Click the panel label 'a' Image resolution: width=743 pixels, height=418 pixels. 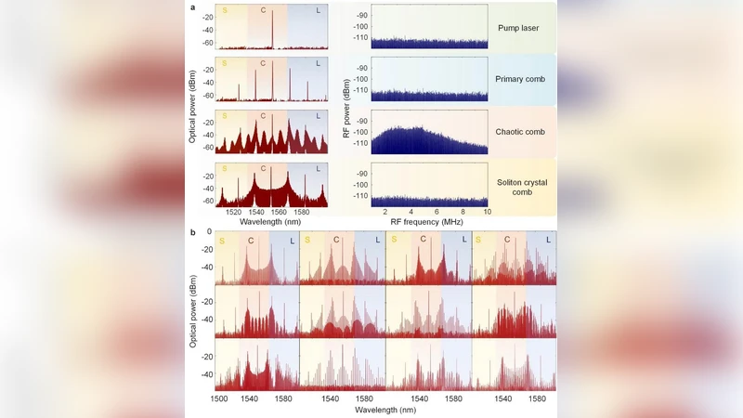(192, 7)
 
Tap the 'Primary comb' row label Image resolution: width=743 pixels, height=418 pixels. (522, 80)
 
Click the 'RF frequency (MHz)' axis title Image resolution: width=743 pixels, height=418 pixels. (428, 223)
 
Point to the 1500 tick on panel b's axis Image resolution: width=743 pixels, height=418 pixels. (219, 398)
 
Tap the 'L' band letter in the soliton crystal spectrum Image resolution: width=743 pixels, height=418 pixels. (318, 168)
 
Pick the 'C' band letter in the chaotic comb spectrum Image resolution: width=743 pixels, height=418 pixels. (263, 116)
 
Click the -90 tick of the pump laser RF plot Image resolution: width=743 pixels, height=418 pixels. (362, 16)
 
